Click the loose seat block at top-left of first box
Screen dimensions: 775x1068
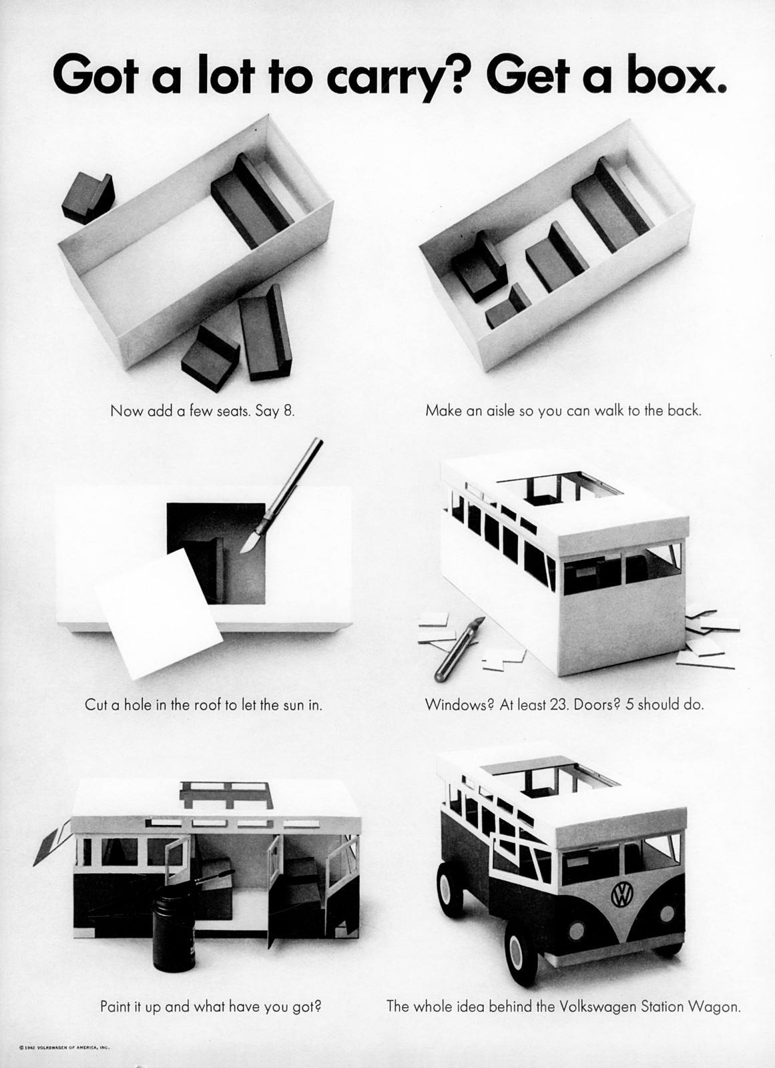click(x=87, y=198)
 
